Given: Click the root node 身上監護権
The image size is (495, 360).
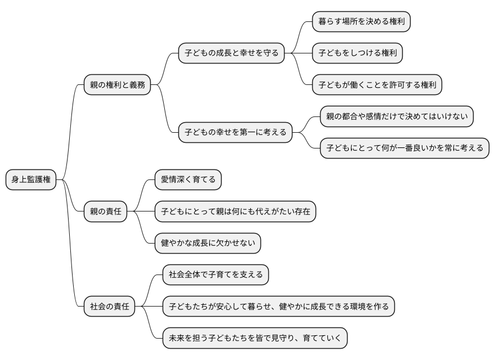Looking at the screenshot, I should tap(31, 180).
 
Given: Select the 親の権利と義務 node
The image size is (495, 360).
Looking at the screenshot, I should tap(117, 85).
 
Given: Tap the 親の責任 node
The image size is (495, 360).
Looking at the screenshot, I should tap(105, 212).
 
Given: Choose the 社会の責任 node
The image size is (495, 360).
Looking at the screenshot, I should tap(109, 307).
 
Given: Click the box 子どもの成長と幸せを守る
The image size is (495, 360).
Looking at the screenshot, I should tap(231, 53).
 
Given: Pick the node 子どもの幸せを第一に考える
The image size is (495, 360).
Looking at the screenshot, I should tap(235, 133).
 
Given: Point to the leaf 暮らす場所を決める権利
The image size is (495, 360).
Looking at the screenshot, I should tap(361, 22).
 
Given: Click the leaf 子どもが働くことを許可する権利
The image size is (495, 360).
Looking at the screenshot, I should tap(377, 85).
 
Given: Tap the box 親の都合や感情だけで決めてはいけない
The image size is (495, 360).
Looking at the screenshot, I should tap(397, 117).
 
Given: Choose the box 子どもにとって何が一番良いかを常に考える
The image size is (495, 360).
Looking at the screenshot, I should tap(404, 148).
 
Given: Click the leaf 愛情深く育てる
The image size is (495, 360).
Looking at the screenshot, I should tap(188, 180).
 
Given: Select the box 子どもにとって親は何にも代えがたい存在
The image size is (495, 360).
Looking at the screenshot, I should tap(235, 212).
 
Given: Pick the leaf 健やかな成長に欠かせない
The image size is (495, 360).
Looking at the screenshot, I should tap(208, 244).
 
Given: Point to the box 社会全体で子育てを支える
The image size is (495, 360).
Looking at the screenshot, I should tap(215, 275).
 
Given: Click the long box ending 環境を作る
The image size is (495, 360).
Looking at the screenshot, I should tap(278, 307).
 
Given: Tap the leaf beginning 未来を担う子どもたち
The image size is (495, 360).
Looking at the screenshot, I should tap(255, 338).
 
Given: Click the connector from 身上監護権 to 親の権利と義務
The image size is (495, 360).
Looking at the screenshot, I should tap(70, 129).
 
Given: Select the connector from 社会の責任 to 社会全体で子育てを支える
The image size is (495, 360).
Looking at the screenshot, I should tap(150, 290).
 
